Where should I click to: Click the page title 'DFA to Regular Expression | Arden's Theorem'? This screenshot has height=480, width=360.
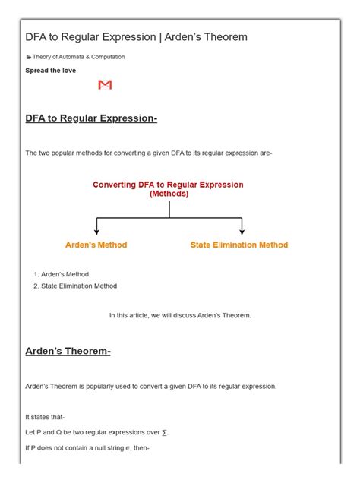pos(136,37)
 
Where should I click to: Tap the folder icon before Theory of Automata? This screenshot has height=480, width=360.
pos(28,57)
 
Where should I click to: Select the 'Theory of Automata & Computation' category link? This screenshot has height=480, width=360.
pos(78,57)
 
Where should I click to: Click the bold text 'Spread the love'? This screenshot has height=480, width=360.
pos(50,71)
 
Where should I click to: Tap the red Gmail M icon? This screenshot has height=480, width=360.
pos(105,85)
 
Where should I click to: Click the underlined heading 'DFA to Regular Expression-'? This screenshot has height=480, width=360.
pos(91,118)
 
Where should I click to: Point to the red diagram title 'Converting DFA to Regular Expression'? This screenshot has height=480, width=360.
pos(168,185)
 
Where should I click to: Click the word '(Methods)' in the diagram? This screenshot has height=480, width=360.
pos(169,194)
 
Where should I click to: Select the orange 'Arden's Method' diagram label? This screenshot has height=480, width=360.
pos(96,245)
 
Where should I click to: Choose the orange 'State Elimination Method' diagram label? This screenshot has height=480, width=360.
pos(239,245)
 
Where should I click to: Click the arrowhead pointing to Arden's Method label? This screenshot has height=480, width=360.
pos(96,231)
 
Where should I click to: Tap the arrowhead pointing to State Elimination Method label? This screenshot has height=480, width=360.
pos(242,231)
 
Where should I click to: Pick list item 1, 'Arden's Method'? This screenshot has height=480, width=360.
pos(65,274)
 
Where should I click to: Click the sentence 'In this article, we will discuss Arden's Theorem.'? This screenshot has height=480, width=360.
pos(180,315)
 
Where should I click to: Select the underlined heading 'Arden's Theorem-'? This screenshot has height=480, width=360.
pos(68,352)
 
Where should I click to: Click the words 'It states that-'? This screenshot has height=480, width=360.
pos(45,417)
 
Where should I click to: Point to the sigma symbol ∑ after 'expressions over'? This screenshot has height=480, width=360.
pos(164,432)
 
